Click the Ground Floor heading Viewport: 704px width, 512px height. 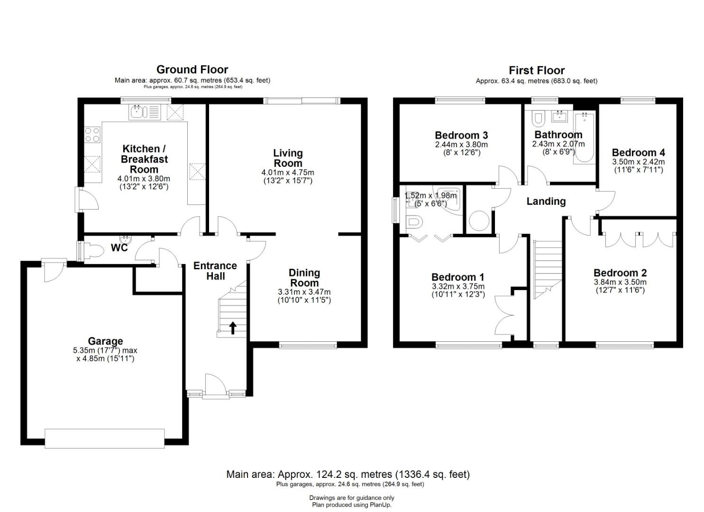click(x=192, y=70)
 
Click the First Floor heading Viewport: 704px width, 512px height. click(x=537, y=70)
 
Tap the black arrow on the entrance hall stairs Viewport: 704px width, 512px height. click(x=233, y=328)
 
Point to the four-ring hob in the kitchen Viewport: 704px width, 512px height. click(x=92, y=135)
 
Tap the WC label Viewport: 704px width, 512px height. click(x=119, y=248)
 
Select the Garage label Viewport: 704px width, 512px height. click(x=105, y=341)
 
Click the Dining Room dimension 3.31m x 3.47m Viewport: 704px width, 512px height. click(x=304, y=292)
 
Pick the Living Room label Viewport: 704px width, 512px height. click(x=288, y=158)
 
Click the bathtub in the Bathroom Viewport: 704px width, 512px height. click(x=584, y=137)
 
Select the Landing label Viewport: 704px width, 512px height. click(x=546, y=201)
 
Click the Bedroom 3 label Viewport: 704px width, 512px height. click(x=461, y=135)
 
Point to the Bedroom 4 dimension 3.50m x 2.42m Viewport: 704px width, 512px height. click(x=638, y=162)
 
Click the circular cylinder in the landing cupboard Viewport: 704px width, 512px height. click(x=479, y=221)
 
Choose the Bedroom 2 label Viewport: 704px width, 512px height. click(x=620, y=273)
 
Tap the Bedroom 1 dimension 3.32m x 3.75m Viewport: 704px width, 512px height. click(x=458, y=287)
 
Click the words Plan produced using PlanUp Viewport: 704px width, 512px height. click(x=352, y=505)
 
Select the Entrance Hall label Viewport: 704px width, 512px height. click(x=215, y=271)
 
